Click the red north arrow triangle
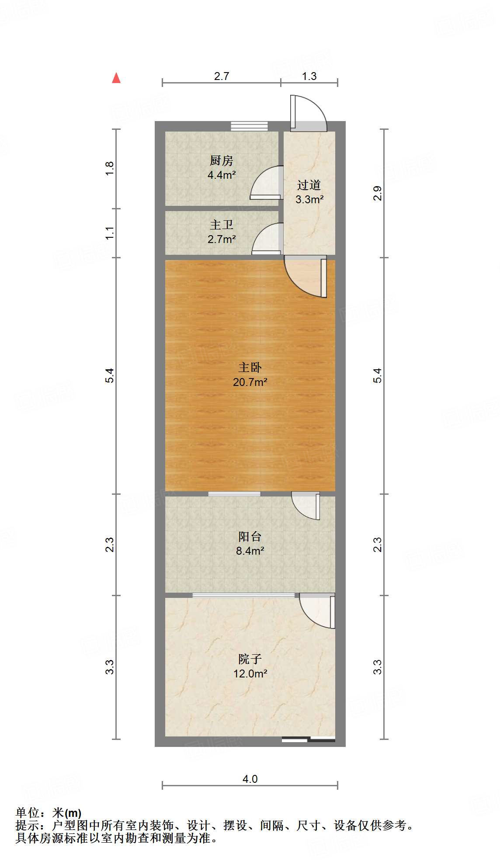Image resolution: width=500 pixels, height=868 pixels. coord(116,78)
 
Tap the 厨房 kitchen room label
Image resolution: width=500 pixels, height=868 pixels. coord(222,161)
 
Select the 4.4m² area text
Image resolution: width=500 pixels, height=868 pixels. coord(222,175)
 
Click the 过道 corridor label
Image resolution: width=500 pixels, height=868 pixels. coord(309,185)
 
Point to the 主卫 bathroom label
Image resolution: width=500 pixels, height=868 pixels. coord(222,225)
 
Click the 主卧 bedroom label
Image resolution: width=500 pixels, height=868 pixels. coord(250,368)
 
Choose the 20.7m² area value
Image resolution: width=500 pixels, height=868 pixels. coord(250,382)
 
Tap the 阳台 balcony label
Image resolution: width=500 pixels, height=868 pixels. coord(250,536)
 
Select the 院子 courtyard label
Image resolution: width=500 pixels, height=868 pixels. coord(250,659)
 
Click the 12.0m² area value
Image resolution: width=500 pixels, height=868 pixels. coord(250,674)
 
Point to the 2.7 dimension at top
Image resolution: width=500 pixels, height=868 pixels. coord(222,76)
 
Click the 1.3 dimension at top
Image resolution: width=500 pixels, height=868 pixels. coord(309,76)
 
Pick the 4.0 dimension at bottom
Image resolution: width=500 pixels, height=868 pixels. coord(250,779)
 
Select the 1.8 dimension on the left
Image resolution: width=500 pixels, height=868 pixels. coord(109,169)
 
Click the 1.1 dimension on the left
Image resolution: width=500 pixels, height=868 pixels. coord(109,233)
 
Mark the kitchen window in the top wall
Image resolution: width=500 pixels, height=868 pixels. coord(249,126)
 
